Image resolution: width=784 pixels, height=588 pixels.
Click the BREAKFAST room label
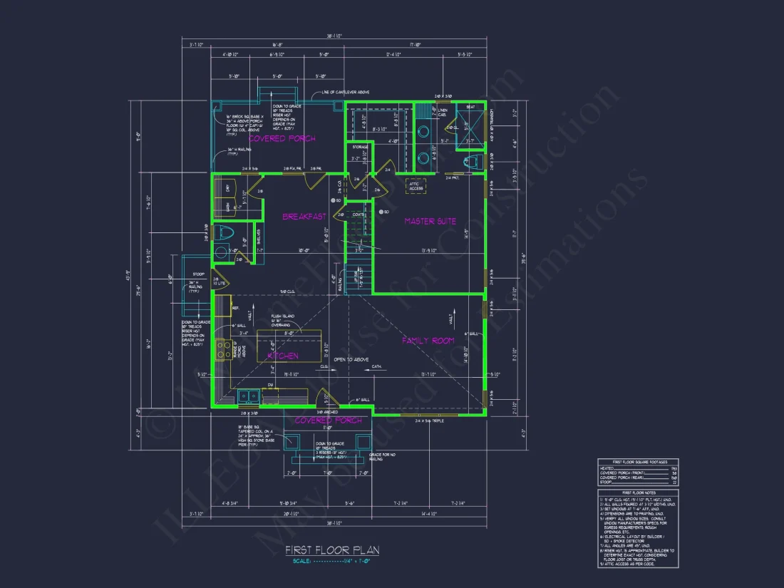coord(304,216)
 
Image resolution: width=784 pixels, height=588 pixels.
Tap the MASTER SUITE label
coord(430,221)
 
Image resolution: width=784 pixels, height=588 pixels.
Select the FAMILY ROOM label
coord(428,341)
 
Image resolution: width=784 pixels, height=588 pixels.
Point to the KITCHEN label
coord(282,355)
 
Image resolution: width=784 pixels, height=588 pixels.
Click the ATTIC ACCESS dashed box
coord(416,186)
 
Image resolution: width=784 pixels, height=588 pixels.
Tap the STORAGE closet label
coord(360,147)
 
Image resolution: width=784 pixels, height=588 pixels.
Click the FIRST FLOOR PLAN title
coord(332,550)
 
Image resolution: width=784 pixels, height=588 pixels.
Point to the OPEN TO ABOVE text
coord(351,360)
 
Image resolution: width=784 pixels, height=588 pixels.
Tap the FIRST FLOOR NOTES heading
coord(637,492)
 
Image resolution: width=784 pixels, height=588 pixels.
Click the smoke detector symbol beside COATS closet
coord(383,212)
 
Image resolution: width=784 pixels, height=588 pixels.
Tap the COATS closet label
coord(358,214)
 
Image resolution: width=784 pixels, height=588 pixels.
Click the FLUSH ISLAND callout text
coord(283,317)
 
